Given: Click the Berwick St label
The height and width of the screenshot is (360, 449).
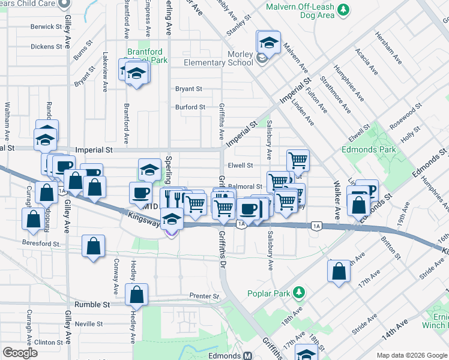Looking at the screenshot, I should pos(47,27).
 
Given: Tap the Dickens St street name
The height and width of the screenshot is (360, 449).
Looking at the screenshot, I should pos(46,46).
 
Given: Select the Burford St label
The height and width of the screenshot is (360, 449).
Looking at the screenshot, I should pos(190,107).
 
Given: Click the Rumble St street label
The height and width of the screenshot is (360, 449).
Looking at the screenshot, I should pos(92,305).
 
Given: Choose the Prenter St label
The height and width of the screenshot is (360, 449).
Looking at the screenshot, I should pos(204,296).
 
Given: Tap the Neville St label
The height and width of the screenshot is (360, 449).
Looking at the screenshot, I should pos(89,324).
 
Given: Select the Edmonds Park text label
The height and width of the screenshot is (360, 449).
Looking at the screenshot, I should pos(368,149).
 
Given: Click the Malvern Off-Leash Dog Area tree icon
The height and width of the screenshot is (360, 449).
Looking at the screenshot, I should pos(343,10).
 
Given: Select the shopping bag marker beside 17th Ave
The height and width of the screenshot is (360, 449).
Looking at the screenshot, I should pos(339,271).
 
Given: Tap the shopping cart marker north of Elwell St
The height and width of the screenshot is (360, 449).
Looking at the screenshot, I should pos(297,160).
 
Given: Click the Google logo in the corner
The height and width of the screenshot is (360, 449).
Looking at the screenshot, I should pos(20,353).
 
